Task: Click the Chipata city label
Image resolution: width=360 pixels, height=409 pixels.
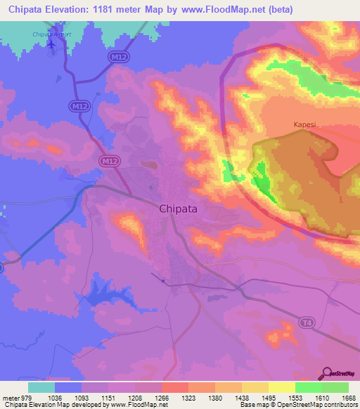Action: click(182, 208)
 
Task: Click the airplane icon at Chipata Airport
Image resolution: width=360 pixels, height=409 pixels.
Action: click(51, 44)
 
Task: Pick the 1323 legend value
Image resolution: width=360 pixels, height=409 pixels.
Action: click(188, 397)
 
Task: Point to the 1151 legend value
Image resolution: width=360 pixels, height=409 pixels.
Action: click(108, 397)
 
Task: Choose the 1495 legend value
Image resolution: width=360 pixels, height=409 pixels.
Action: click(269, 397)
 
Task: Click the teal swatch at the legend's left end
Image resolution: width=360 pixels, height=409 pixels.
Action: click(41, 387)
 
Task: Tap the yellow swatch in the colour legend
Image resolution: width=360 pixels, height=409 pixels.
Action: click(282, 387)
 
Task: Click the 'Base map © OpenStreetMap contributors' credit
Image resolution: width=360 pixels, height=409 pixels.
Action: click(298, 405)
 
